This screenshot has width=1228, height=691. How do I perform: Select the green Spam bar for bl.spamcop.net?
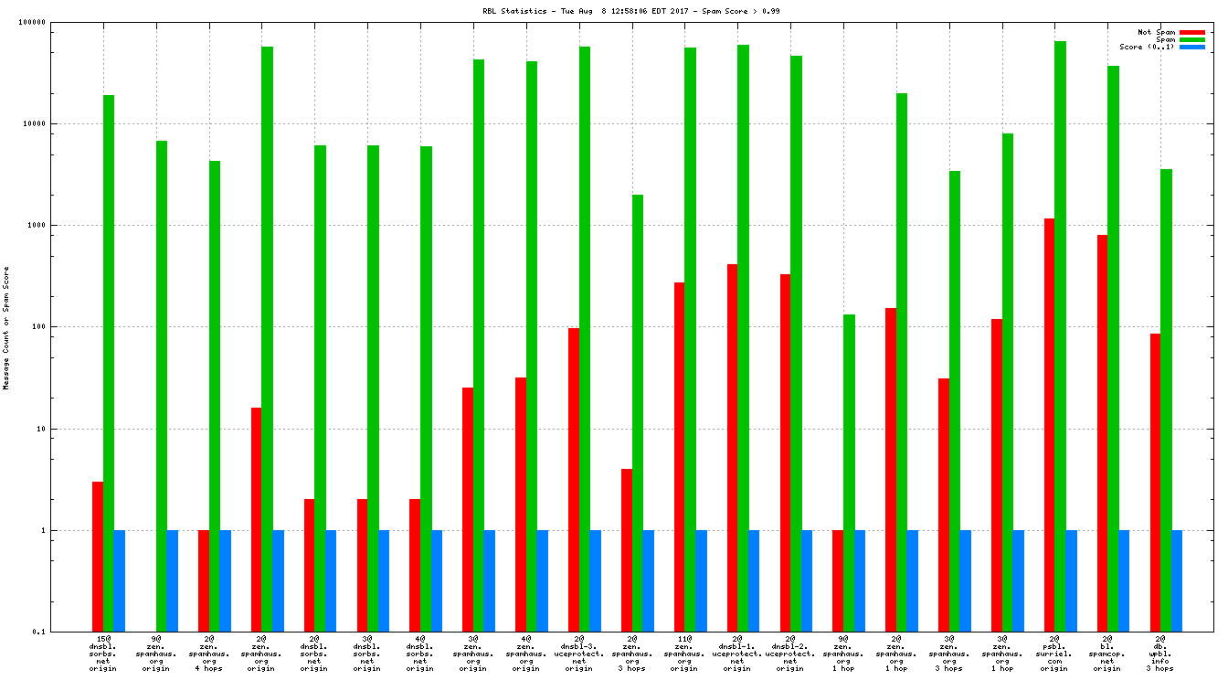[1113, 347]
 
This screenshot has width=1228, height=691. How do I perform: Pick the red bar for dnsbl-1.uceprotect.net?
[732, 447]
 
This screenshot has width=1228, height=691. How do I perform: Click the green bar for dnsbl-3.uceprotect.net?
[584, 338]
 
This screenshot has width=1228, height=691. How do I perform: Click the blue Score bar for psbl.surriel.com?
[1071, 580]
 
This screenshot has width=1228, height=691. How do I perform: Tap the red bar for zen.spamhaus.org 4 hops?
[204, 580]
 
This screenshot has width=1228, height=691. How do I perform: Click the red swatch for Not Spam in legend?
[1192, 32]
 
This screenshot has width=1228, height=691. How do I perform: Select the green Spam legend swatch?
[1192, 39]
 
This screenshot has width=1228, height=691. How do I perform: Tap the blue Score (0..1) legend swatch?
[1192, 47]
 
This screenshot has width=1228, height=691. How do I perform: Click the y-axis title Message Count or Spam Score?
[6, 328]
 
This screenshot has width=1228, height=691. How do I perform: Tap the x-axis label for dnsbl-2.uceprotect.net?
[790, 654]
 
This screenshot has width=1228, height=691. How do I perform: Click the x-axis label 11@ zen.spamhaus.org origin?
[684, 654]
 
